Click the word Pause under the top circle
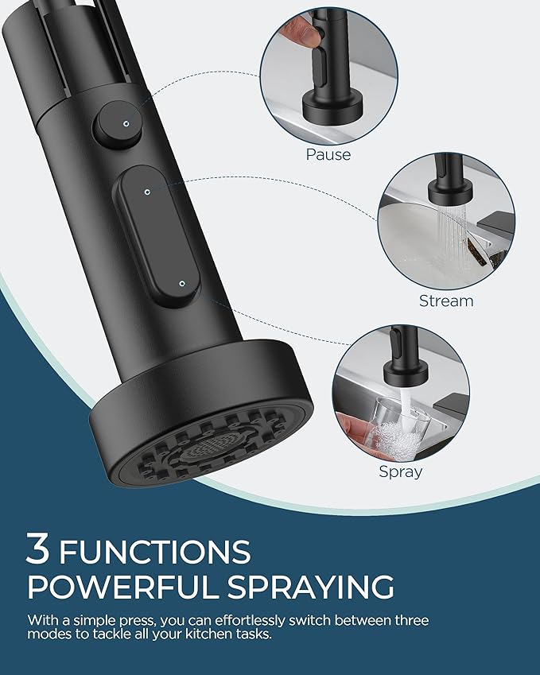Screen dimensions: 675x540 tap(328, 154)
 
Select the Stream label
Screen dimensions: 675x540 tap(446, 301)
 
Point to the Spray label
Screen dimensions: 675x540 tap(401, 471)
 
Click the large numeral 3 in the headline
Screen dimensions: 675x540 tap(39, 549)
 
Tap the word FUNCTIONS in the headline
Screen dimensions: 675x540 tap(155, 551)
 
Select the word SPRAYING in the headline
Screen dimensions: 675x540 tap(311, 588)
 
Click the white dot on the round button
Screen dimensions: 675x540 tap(126, 122)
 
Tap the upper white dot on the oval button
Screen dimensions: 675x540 tap(148, 191)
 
